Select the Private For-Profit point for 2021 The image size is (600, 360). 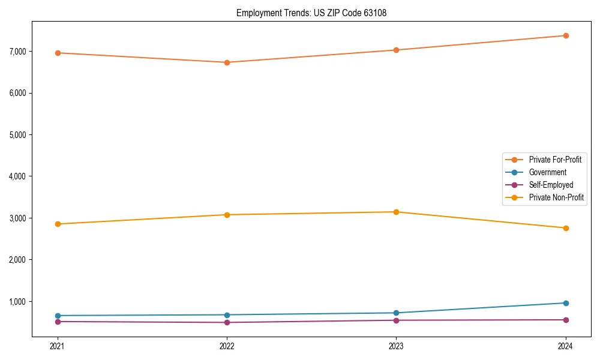tap(58, 53)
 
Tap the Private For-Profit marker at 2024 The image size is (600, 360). tap(566, 35)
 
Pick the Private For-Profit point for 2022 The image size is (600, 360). tap(227, 62)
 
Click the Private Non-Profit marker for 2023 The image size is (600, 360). tap(397, 212)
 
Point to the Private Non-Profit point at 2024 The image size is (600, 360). tap(566, 228)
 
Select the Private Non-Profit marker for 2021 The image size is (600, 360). tap(58, 224)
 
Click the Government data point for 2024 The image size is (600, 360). tap(566, 303)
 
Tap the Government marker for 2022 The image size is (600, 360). tap(227, 315)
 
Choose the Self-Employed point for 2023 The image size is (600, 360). tap(397, 320)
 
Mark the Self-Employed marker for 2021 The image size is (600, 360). tap(58, 322)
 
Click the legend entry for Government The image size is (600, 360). tap(547, 172)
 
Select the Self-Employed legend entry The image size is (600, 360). tap(551, 185)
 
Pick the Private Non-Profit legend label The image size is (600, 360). tap(556, 197)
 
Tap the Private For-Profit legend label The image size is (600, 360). tap(555, 160)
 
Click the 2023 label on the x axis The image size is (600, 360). tap(397, 346)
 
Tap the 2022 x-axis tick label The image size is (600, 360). tap(227, 346)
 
